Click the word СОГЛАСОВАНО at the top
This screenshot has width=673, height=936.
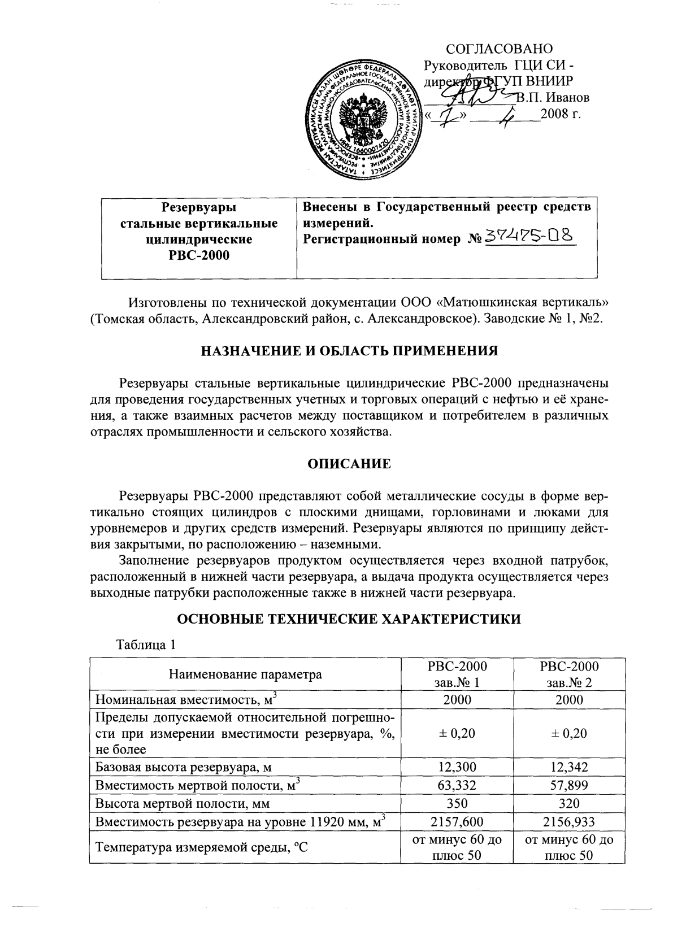498,49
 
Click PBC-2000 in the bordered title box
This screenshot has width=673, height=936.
199,255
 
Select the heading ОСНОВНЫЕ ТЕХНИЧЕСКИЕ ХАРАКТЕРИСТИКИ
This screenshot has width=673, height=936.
349,619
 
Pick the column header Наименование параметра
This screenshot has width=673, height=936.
245,674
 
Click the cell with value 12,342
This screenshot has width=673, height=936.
568,767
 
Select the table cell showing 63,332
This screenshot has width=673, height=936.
457,785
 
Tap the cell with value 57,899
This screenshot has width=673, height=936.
568,785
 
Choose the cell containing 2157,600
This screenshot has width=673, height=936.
457,821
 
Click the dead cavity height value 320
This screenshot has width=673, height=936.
568,803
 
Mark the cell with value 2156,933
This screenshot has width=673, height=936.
568,821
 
